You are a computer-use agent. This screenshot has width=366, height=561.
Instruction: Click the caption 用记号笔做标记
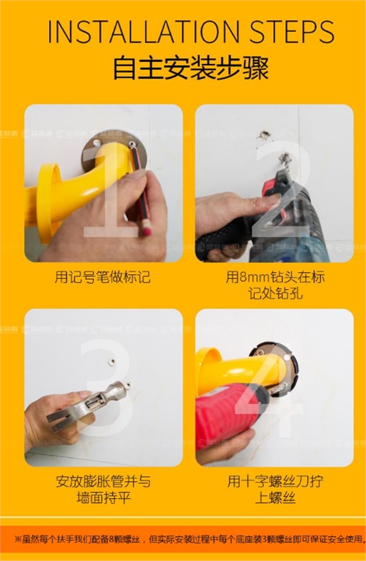(x=103, y=277)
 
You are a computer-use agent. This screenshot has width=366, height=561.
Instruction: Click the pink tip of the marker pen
(x=147, y=230)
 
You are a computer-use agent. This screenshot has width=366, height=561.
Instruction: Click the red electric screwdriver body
(x=225, y=409)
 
